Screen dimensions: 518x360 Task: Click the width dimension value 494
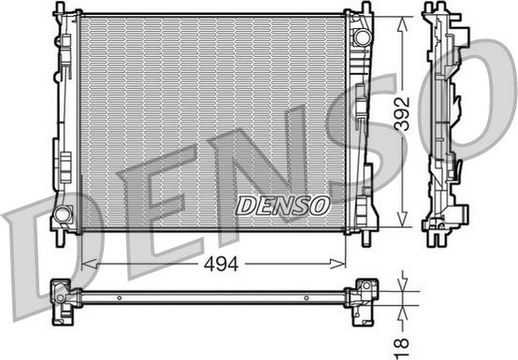click(x=221, y=265)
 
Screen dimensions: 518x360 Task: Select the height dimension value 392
click(x=403, y=113)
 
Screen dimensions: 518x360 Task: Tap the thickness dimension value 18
click(x=403, y=348)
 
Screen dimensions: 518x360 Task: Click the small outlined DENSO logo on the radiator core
click(x=282, y=206)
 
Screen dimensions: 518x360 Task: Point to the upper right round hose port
click(x=363, y=37)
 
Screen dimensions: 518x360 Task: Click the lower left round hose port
click(x=63, y=214)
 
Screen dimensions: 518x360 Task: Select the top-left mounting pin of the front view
click(x=60, y=7)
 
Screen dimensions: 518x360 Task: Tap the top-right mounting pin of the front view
click(x=367, y=7)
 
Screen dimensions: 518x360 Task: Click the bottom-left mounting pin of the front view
click(x=60, y=239)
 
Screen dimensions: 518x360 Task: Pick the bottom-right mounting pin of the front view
click(x=367, y=239)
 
